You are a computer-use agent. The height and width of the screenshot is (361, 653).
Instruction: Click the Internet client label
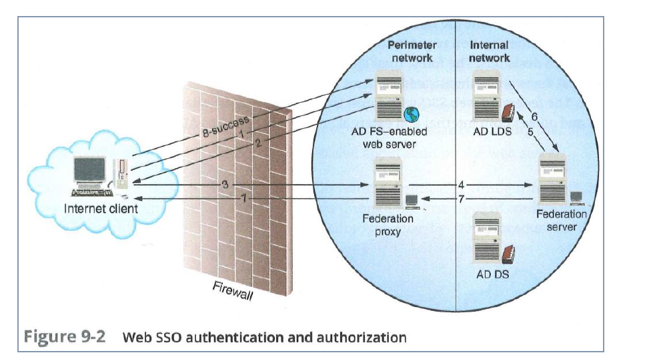[101, 208]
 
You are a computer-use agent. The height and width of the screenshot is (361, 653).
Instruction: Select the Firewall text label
[233, 290]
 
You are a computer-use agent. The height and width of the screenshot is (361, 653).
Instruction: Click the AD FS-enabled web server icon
[389, 96]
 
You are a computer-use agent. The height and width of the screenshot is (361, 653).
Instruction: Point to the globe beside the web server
[412, 114]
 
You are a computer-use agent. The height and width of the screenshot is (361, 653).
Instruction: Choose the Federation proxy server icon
[389, 184]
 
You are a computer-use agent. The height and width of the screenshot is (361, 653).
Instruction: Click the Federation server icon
[553, 179]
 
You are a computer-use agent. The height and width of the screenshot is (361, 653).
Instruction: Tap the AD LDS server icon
[486, 96]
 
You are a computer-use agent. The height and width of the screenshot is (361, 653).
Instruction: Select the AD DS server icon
[488, 237]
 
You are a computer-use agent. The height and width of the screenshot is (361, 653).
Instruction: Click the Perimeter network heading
[412, 51]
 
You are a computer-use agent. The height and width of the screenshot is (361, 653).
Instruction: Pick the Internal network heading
[490, 51]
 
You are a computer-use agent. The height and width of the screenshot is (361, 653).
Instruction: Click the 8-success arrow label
[225, 126]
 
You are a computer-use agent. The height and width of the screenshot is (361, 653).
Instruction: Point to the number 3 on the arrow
[225, 184]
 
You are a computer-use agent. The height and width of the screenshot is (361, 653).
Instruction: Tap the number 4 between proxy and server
[461, 185]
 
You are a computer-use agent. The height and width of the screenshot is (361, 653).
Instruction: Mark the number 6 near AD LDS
[534, 117]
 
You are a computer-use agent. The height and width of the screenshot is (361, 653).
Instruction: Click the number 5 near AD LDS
[530, 131]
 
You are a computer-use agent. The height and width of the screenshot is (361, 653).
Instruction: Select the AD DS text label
[493, 275]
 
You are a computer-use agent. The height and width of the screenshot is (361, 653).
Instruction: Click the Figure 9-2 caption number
[65, 336]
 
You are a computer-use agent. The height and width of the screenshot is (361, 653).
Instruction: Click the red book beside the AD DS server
[508, 254]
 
